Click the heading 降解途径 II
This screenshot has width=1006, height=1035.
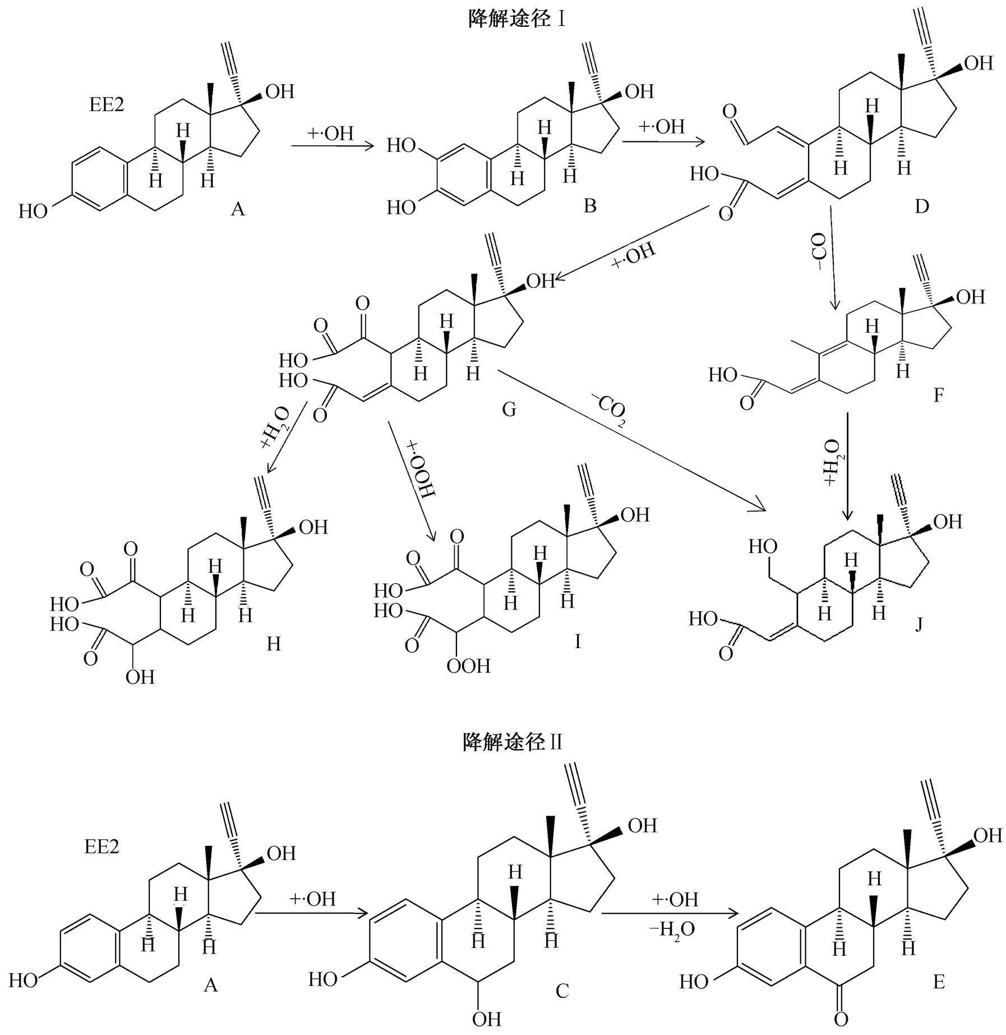point(512,742)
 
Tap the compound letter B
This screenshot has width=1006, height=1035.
point(589,206)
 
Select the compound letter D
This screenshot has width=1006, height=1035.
point(921,206)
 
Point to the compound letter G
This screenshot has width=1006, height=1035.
point(509,410)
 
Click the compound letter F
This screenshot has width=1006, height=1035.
point(938,395)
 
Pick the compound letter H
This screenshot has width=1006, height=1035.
point(273,643)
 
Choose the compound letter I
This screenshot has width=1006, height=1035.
point(578,641)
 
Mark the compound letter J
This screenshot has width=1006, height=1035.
point(919,624)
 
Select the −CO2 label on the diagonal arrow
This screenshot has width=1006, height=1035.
point(608,410)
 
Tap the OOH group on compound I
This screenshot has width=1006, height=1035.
point(468,666)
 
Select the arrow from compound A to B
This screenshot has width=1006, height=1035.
point(333,146)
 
